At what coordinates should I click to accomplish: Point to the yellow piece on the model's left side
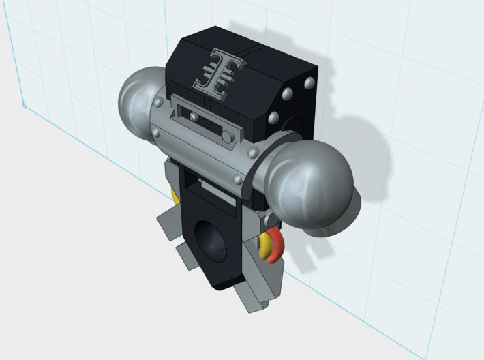coord(175,197)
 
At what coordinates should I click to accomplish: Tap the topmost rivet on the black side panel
coord(308,83)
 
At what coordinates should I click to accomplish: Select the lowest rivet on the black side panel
coord(275,118)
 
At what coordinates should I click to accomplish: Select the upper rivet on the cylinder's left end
coord(160,102)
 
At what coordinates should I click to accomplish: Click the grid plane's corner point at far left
coord(24,106)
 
